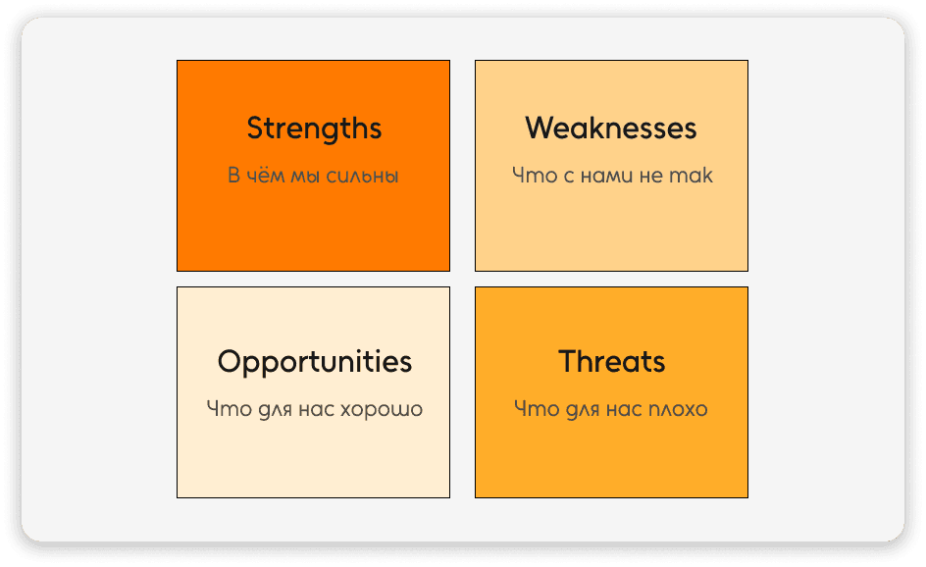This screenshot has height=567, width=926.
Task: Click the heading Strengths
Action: pyautogui.click(x=314, y=129)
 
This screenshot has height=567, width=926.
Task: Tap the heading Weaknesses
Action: pyautogui.click(x=611, y=129)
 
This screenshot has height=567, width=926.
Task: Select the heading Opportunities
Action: pyautogui.click(x=314, y=362)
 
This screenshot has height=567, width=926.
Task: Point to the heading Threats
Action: pyautogui.click(x=611, y=362)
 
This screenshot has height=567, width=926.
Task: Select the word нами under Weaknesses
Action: pyautogui.click(x=613, y=177)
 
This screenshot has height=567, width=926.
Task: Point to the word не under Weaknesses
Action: pyautogui.click(x=656, y=177)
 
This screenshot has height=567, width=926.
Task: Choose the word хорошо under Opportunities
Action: pyautogui.click(x=381, y=409)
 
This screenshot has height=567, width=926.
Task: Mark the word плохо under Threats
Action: pyautogui.click(x=677, y=409)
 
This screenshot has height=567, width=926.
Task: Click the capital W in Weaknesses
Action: pyautogui.click(x=538, y=129)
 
